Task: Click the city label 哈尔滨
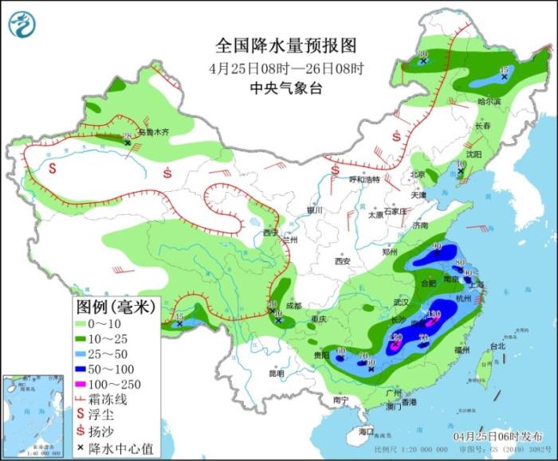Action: pos(489,102)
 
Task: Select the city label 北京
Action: pos(417,174)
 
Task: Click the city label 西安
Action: pos(343,260)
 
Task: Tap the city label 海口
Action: pos(365,431)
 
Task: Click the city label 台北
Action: pos(497,346)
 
